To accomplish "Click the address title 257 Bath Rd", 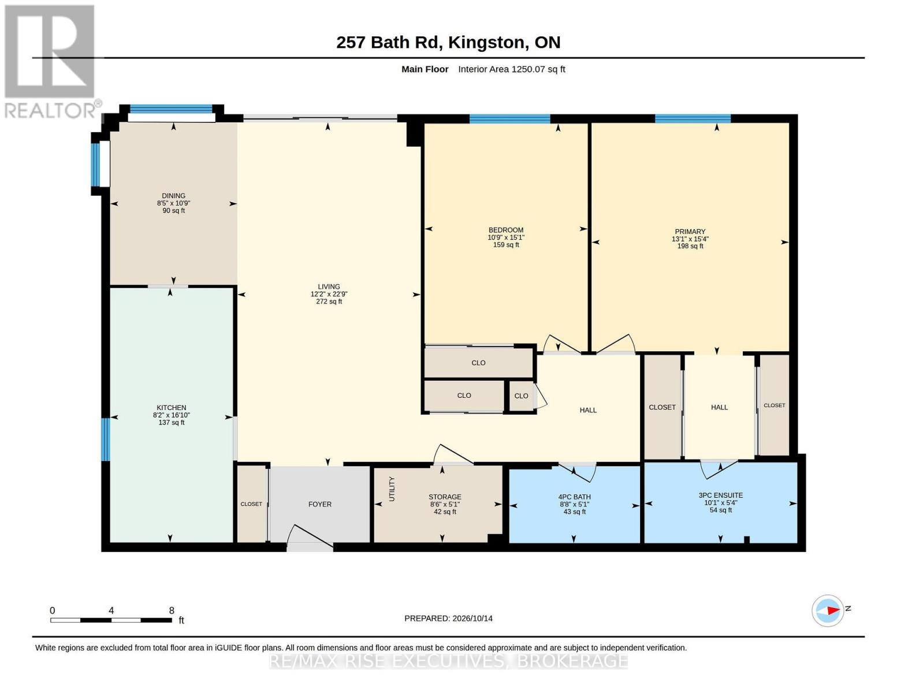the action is point(389,43).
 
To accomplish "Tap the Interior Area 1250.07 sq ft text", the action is point(511,69).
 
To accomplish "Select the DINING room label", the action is point(173,196).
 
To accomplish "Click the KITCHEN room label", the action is point(172,407).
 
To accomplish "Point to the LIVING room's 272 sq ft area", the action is point(329,301).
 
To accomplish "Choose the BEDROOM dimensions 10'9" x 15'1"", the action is point(505,237).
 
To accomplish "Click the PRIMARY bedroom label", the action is point(690,232).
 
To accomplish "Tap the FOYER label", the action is point(319,504).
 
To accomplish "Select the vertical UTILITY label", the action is point(392,489).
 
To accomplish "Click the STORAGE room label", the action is point(445,497).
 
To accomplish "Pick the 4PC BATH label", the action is point(574,497).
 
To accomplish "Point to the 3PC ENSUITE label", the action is point(720,495).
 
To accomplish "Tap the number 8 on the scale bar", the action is point(172,610).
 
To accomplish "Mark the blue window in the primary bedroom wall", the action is point(693,119).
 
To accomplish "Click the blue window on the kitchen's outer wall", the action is point(106,439).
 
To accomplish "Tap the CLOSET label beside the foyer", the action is point(251,504).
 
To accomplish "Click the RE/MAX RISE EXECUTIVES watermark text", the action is point(448,661).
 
